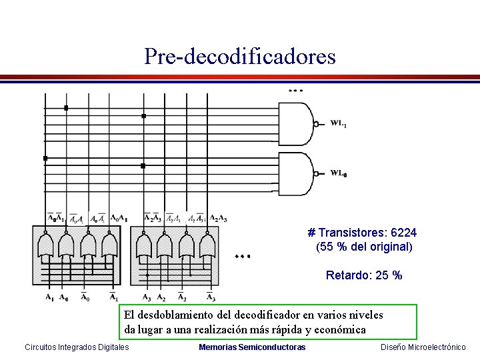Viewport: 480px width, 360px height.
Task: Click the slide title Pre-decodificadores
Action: (x=240, y=56)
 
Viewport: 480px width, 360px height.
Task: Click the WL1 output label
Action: (x=339, y=123)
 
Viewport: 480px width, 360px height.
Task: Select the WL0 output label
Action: (x=339, y=173)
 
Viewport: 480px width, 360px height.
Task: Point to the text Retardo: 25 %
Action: (x=364, y=275)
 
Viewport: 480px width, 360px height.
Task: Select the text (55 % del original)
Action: (x=364, y=247)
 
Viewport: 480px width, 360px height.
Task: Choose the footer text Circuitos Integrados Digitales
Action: (x=77, y=347)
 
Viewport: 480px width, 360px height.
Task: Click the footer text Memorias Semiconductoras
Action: (x=252, y=347)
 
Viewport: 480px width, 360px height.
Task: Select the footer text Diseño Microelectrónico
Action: (x=423, y=347)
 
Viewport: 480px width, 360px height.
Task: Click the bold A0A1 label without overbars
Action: (x=119, y=218)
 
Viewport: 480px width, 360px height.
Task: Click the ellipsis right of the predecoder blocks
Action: (x=241, y=255)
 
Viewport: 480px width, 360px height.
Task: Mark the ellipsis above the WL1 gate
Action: (x=295, y=89)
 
